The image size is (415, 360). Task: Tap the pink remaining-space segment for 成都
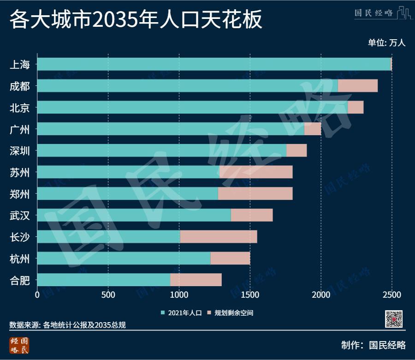coord(357,86)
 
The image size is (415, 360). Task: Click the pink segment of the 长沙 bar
coord(218,237)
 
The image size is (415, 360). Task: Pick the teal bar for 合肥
coord(103,280)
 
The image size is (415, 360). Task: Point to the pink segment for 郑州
coord(255,193)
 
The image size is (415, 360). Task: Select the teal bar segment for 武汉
coord(134,215)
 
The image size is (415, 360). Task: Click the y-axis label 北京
coord(20,108)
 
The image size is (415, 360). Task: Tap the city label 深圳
coord(20,151)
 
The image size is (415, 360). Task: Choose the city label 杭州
coord(20,259)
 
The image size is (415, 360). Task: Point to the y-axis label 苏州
coord(20,173)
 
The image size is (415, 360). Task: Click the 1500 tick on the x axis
coord(250,294)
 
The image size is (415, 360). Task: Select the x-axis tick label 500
coord(108,294)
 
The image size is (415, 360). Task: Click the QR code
coord(394,319)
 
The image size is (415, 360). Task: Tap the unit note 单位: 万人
coord(386,43)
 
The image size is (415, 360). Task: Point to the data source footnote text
coord(68,325)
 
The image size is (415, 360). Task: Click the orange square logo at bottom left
coord(19,345)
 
